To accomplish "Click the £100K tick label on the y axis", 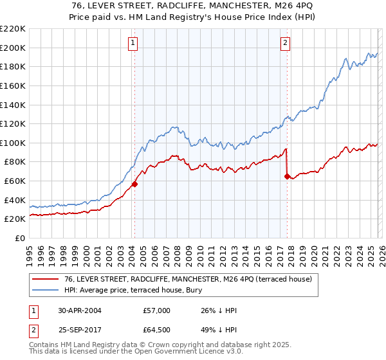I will (x=13, y=143).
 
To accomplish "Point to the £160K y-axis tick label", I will (x=13, y=85).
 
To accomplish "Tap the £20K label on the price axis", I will (x=15, y=219).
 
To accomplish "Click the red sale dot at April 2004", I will (x=134, y=184).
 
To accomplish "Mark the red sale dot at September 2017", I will (x=287, y=176).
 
